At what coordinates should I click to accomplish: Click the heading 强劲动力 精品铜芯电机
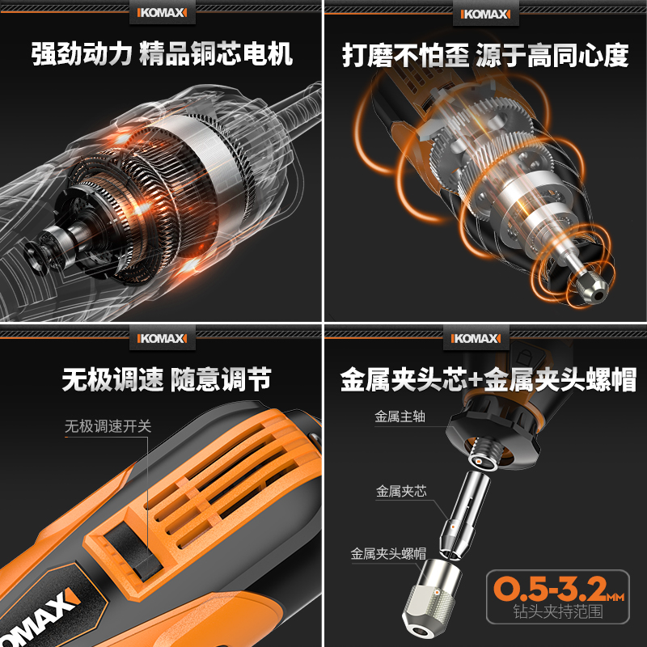tap(162, 55)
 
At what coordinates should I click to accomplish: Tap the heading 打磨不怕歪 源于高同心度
tap(485, 55)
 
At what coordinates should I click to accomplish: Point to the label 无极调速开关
tap(108, 426)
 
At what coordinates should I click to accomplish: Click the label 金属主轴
tap(400, 417)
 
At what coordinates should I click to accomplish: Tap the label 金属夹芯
tap(400, 490)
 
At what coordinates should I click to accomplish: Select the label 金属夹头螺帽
tap(388, 554)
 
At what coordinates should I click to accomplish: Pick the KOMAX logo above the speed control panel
tap(162, 335)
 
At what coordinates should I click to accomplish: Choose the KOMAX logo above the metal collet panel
tap(485, 335)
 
